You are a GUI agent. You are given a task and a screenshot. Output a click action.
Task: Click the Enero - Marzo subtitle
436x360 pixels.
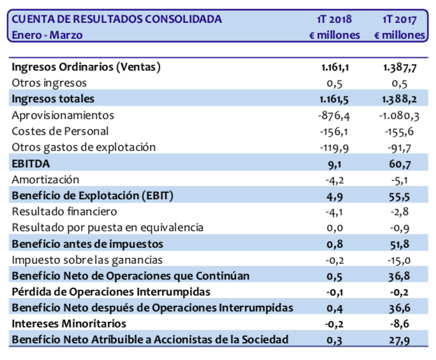pos(47,35)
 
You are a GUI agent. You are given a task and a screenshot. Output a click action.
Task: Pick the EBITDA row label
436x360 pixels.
pos(31,163)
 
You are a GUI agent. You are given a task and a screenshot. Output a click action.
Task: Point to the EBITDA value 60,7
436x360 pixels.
pos(402,164)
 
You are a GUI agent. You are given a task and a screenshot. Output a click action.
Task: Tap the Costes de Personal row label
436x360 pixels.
pos(61,131)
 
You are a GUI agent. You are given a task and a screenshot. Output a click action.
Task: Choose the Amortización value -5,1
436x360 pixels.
pos(403,180)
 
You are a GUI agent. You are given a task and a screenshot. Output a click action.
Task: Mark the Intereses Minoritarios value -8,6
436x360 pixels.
pos(403,324)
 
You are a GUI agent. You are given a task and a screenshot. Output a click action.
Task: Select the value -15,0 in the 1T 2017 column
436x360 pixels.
pos(402,260)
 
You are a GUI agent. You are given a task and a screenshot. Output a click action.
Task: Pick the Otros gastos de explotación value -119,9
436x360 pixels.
pos(333,147)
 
